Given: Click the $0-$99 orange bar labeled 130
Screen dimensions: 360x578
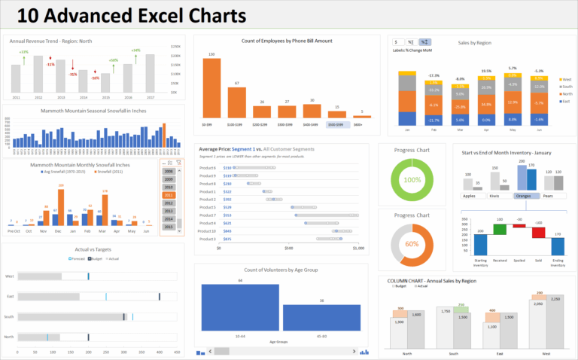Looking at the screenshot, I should pos(211,87).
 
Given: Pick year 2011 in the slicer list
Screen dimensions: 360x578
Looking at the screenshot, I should pos(169,195).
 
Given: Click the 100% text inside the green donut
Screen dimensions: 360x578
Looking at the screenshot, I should pos(412,181).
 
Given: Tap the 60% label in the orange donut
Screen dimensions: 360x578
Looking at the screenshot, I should pos(412,244).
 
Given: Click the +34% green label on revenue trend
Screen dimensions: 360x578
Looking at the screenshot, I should pos(135,50).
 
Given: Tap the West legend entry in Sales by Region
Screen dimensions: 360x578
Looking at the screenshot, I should pos(565,78).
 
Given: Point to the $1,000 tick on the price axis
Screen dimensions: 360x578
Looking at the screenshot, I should pos(357,247).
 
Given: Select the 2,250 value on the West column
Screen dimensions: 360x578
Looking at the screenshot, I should pos(555,300).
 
